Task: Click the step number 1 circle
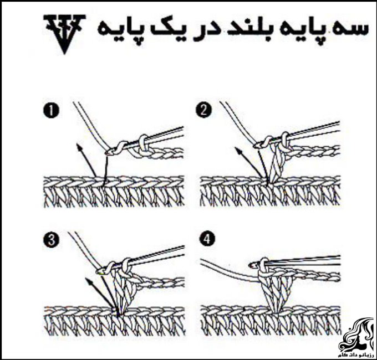[x=51, y=111]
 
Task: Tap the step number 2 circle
[x=204, y=111]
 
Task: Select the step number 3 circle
[x=51, y=240]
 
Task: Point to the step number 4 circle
[x=207, y=239]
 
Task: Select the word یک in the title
[x=166, y=30]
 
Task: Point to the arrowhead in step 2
[x=237, y=150]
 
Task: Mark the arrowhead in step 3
[x=88, y=280]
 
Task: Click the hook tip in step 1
[x=107, y=152]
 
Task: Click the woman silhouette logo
[x=356, y=335]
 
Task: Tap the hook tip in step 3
[x=99, y=271]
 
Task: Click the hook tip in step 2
[x=256, y=145]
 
